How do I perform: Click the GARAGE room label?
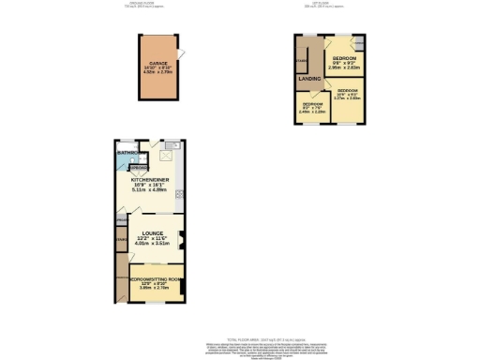[156, 62]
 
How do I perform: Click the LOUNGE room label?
[152, 233]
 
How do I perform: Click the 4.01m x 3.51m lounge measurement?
[152, 245]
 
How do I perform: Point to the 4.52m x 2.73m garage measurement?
[156, 72]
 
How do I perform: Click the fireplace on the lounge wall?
[182, 238]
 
